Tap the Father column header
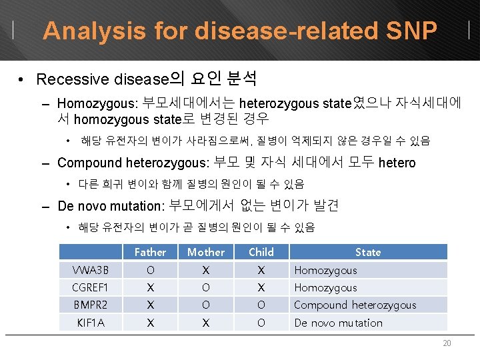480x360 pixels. tap(150, 252)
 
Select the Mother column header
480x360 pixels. tap(206, 252)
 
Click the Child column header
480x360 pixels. tap(261, 252)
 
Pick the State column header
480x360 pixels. tap(368, 252)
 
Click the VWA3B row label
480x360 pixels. tap(90, 270)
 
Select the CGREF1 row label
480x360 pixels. tap(90, 287)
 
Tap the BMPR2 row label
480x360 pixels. tap(90, 305)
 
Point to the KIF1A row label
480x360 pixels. tap(90, 323)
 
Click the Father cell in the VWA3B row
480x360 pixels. tap(150, 270)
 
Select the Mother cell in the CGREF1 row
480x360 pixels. tap(206, 287)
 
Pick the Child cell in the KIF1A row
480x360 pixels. tap(261, 323)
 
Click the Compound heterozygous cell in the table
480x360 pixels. tap(355, 305)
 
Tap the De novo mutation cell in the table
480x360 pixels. tap(339, 323)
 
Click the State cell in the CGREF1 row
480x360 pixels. tap(325, 287)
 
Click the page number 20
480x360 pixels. tap(447, 343)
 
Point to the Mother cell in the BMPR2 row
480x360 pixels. tap(206, 305)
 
